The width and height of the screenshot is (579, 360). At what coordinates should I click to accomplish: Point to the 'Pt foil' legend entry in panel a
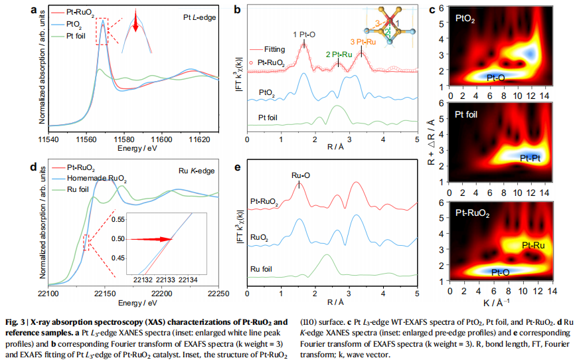[x=84, y=36]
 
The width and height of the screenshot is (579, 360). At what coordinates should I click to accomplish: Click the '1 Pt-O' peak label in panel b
[x=303, y=33]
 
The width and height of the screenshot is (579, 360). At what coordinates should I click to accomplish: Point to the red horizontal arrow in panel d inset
[x=150, y=238]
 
